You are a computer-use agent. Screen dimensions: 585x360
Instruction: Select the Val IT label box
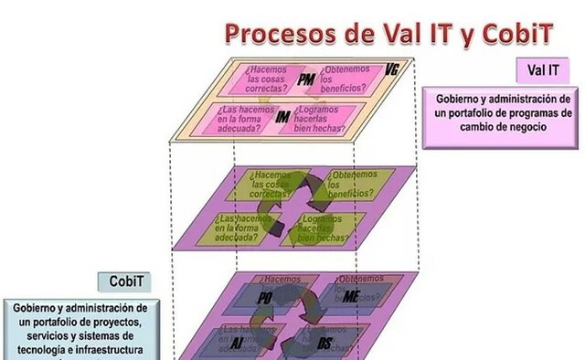544,70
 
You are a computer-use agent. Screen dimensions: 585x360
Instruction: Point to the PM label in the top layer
307,82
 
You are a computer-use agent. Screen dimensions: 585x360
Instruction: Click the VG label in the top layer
392,69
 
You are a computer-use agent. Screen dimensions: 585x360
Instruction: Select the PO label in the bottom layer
266,299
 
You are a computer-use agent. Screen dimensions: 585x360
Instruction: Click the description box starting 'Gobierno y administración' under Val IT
503,112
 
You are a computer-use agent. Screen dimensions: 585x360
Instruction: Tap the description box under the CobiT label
80,329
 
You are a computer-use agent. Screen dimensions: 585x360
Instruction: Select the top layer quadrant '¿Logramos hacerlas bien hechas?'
330,119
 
